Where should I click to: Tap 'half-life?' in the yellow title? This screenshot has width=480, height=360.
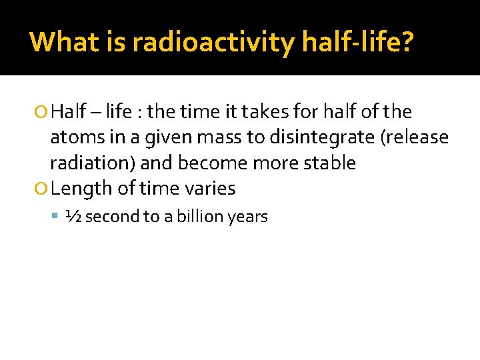(357, 42)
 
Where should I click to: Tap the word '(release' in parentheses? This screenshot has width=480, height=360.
(415, 137)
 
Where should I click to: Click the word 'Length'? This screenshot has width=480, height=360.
(81, 189)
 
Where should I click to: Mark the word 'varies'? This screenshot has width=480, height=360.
(209, 189)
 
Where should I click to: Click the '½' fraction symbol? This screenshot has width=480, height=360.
(73, 217)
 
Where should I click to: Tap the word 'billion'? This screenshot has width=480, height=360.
(198, 217)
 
